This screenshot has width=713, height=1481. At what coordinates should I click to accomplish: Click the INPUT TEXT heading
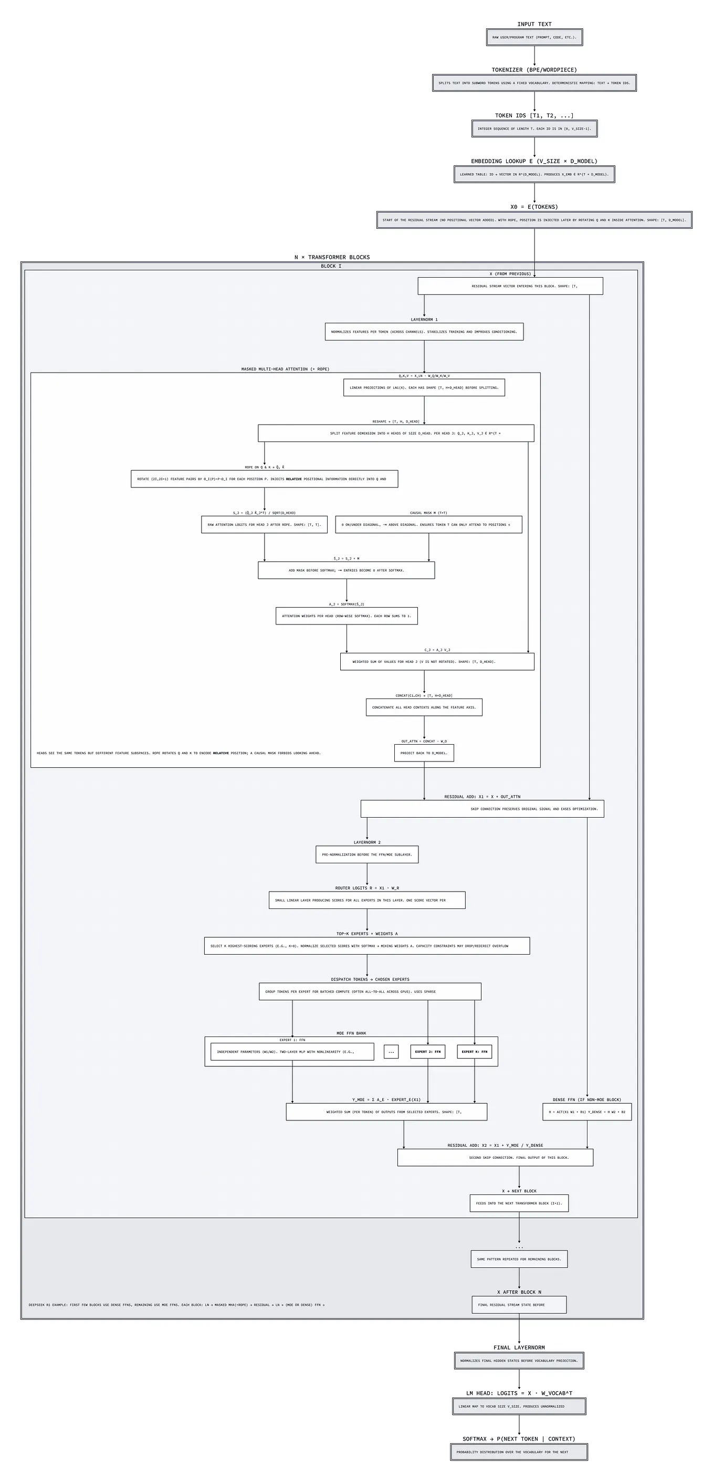point(533,24)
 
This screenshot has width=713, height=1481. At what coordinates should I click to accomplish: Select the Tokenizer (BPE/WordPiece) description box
point(533,83)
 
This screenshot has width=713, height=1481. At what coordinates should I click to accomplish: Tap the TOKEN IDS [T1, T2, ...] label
point(533,115)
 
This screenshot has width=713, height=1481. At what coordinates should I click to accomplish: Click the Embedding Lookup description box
point(533,174)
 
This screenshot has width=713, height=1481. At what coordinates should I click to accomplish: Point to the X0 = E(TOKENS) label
point(533,207)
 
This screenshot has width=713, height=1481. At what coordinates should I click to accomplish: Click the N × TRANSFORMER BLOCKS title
point(332,257)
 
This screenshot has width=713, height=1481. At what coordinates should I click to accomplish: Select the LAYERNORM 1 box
point(424,332)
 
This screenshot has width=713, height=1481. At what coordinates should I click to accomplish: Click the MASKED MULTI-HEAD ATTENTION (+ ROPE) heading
point(285,369)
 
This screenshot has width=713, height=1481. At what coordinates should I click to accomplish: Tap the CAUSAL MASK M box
point(428,524)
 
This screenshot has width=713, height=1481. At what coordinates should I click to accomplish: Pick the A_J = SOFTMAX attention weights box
point(346,616)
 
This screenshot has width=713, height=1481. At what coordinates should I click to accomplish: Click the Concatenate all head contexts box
point(424,707)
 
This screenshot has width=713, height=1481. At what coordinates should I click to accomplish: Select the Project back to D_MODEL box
point(424,753)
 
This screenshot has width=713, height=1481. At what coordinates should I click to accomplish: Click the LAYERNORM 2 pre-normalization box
point(367,854)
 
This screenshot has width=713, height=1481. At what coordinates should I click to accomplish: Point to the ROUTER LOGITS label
point(367,887)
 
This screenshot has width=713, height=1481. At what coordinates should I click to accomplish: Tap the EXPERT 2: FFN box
point(427,1052)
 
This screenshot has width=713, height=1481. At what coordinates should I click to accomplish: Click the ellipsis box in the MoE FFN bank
point(391,1052)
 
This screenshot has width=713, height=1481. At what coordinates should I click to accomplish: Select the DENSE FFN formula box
point(586,1112)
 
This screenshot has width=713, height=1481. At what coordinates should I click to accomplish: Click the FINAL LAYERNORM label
point(519,1348)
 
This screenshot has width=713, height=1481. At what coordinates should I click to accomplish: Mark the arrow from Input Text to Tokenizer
point(534,56)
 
